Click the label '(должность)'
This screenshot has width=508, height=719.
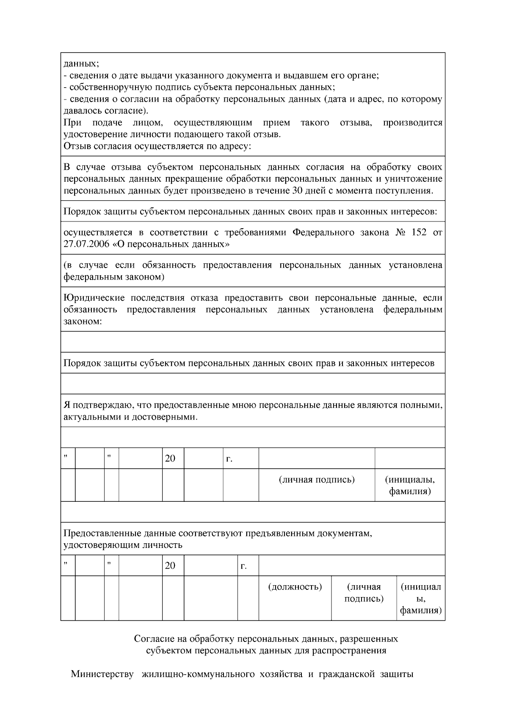(295, 587)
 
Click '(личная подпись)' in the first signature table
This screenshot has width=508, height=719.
(317, 480)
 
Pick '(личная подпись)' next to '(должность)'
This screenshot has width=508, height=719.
(364, 593)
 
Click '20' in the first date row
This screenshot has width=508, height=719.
(170, 458)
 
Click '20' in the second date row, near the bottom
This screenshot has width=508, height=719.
(170, 566)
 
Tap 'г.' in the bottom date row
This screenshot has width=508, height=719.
(243, 566)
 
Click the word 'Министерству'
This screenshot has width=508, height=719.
(102, 674)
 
